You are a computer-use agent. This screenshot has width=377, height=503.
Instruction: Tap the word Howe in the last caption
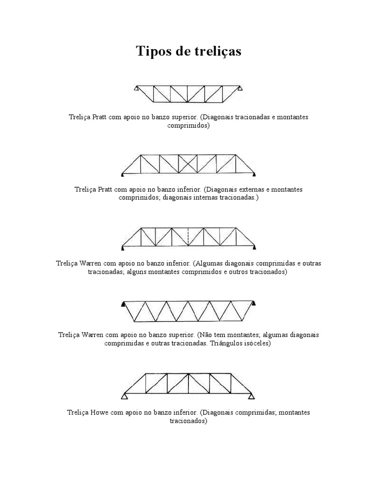coord(102,412)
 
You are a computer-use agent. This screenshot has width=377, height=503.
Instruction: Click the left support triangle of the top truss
coord(135,89)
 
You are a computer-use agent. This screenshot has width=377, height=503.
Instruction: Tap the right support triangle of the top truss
coord(241,89)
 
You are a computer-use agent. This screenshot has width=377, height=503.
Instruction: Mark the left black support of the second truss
coord(122,174)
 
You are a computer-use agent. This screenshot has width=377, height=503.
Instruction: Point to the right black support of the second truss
coord(254,174)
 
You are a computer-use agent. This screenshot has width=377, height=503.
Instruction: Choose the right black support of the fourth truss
coord(254,305)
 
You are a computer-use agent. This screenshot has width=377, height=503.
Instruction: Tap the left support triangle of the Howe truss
coord(125,396)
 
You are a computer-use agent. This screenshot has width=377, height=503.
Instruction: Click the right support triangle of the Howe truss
coord(252,396)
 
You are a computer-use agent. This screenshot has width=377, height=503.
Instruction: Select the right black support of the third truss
coord(255,247)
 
